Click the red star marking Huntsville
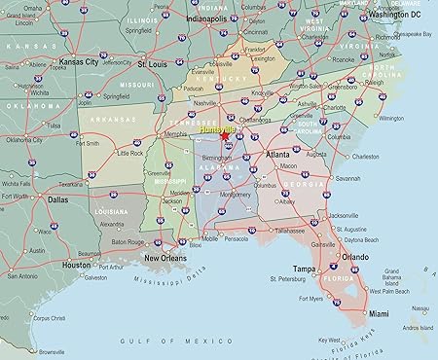point(225,137)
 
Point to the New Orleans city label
point(166,258)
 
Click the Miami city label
point(379,313)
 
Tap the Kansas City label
point(78,62)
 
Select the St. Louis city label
point(152,64)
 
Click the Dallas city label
point(57,198)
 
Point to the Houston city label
point(76,265)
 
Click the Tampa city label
point(305,269)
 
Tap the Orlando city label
point(354,257)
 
